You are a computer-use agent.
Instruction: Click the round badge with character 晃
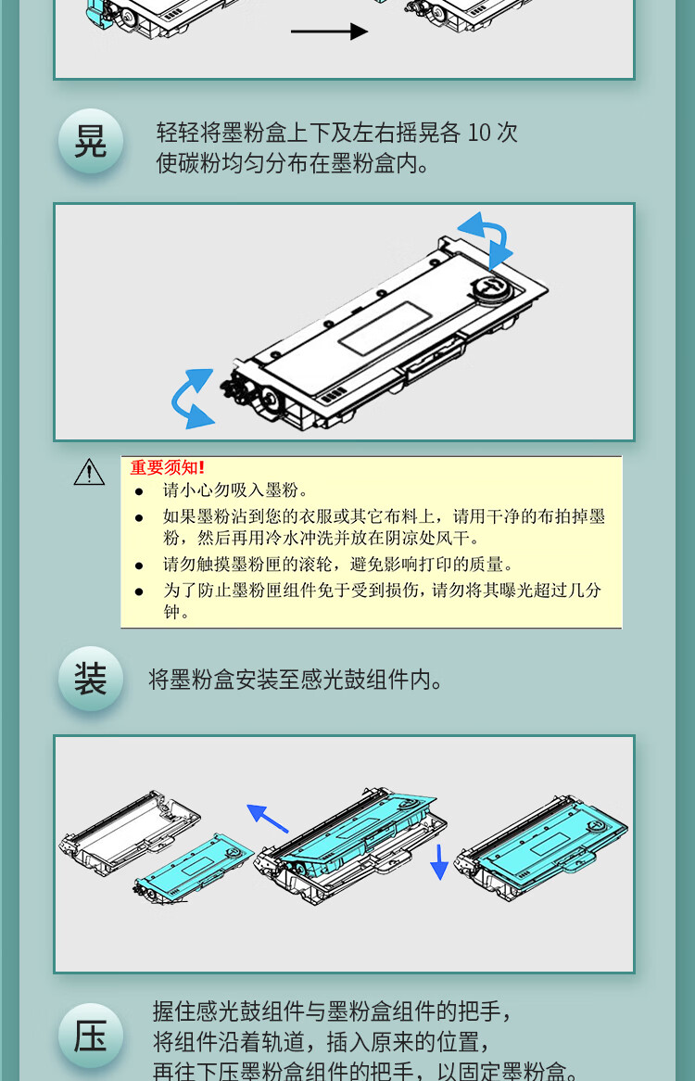(90, 141)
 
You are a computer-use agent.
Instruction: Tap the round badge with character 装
(90, 679)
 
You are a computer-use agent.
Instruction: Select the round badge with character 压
(90, 1036)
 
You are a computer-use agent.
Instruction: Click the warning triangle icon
(89, 472)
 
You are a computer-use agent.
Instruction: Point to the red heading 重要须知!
(168, 467)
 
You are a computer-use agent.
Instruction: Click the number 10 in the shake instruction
(479, 133)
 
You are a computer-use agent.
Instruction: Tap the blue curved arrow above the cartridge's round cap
(487, 238)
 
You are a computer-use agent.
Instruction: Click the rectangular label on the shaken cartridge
(385, 329)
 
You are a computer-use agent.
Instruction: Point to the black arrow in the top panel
(329, 31)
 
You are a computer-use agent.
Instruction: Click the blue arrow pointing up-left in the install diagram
(267, 818)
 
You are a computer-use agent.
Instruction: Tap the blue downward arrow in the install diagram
(438, 862)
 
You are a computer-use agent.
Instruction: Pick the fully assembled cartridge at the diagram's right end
(541, 847)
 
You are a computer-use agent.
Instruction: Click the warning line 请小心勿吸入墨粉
(234, 490)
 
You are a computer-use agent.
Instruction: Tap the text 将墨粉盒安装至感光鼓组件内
(296, 680)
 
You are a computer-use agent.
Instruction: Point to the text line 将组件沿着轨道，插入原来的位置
(322, 1041)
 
